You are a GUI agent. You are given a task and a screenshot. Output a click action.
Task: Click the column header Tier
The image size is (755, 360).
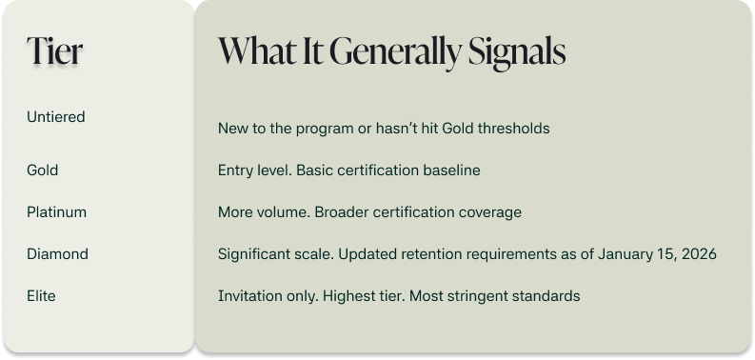coord(54,51)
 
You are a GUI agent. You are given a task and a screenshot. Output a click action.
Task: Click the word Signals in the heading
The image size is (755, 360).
coord(517,51)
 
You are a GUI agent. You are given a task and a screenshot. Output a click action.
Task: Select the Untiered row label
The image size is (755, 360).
coord(56,117)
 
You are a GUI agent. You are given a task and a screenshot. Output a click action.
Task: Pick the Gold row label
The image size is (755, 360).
coord(43,170)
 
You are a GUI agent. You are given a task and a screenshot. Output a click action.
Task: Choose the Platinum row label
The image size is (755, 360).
coord(56,212)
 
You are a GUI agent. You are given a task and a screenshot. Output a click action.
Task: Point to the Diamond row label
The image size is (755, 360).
coord(57,254)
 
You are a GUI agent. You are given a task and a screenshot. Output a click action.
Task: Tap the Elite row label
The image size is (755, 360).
coord(41,296)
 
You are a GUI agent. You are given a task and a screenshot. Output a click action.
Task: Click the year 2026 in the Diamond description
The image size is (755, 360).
coord(698,254)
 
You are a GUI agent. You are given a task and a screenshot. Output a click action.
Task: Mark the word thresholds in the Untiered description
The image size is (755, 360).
coord(513,128)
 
